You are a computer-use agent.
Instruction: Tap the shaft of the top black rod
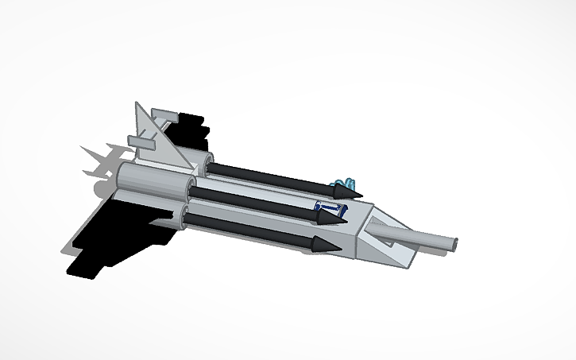tap(270, 176)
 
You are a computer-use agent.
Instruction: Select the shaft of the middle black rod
tap(254, 201)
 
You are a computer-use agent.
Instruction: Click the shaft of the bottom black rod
tap(246, 227)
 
